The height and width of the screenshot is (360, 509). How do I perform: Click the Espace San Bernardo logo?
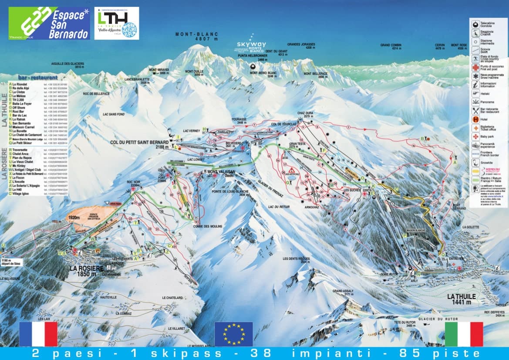(x=49, y=23)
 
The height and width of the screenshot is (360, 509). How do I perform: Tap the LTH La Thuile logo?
(x=117, y=23)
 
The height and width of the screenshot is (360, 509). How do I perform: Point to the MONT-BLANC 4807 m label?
(x=196, y=36)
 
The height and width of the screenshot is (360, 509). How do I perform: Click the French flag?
(x=38, y=334)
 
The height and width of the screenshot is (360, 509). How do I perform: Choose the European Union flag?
(x=233, y=334)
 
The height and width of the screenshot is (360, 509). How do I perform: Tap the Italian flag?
(x=464, y=334)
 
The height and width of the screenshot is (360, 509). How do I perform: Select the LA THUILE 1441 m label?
(x=462, y=299)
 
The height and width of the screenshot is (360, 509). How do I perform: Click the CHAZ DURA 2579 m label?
(x=306, y=115)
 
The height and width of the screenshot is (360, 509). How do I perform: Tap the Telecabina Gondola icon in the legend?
(x=476, y=23)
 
